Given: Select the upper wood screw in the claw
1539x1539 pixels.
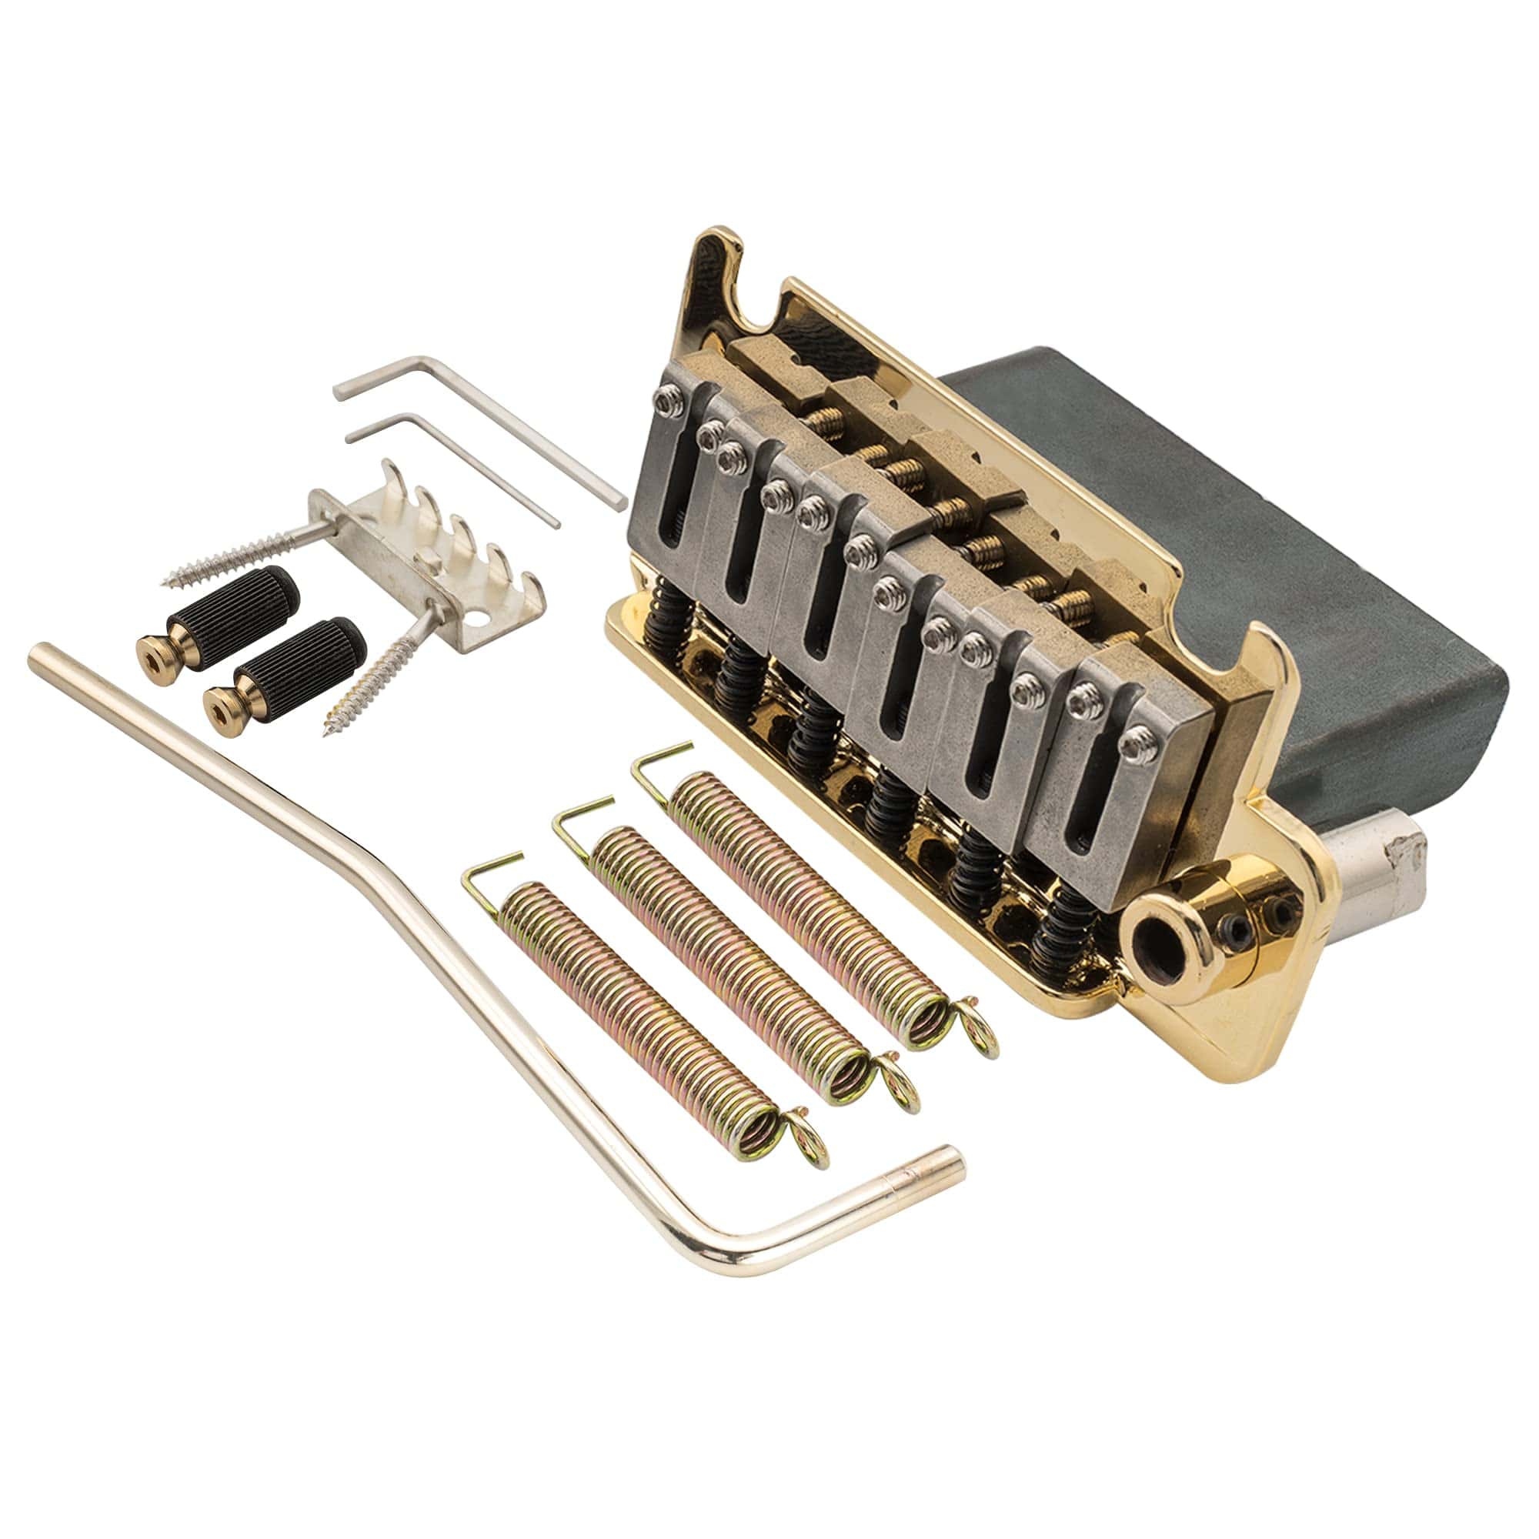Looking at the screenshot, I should [x=239, y=549].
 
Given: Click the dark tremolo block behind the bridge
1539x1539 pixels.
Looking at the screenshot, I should [x=1235, y=558].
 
